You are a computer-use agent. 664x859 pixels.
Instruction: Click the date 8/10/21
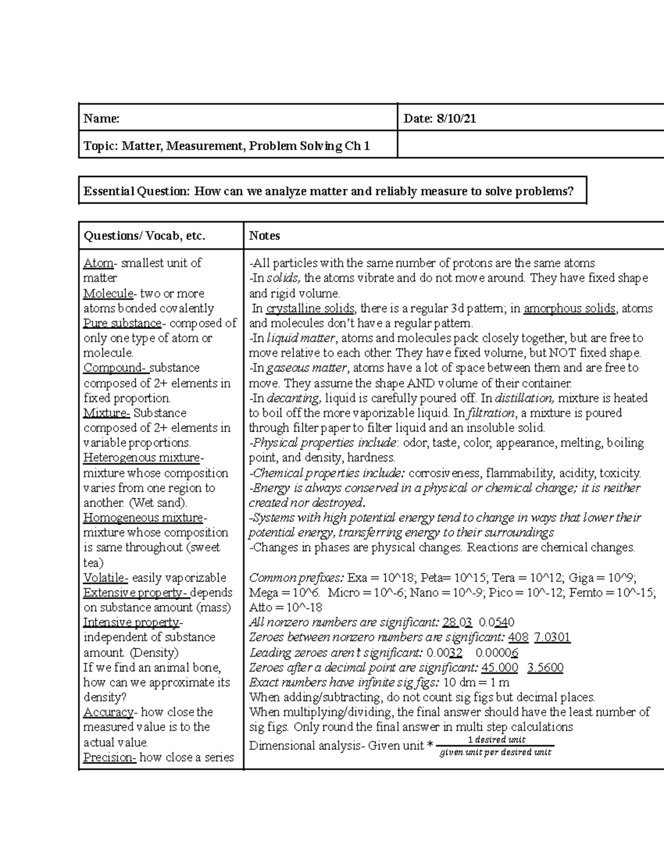pos(456,118)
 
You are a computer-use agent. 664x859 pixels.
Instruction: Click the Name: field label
pos(101,118)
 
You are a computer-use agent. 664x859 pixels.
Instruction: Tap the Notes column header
pos(264,236)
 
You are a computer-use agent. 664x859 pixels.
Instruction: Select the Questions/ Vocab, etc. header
pos(144,236)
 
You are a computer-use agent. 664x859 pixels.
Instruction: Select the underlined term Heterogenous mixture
pos(142,457)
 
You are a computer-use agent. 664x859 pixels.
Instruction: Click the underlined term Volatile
pos(105,577)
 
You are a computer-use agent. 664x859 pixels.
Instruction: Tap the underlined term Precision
pos(108,757)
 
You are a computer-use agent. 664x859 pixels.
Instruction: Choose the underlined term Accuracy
pos(108,712)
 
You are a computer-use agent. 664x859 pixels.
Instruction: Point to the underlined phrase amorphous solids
pos(569,308)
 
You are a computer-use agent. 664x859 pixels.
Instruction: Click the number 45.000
pos(500,667)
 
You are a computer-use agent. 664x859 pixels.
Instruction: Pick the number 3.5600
pos(545,667)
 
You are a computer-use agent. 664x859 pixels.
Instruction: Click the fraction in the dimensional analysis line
pos(495,746)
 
